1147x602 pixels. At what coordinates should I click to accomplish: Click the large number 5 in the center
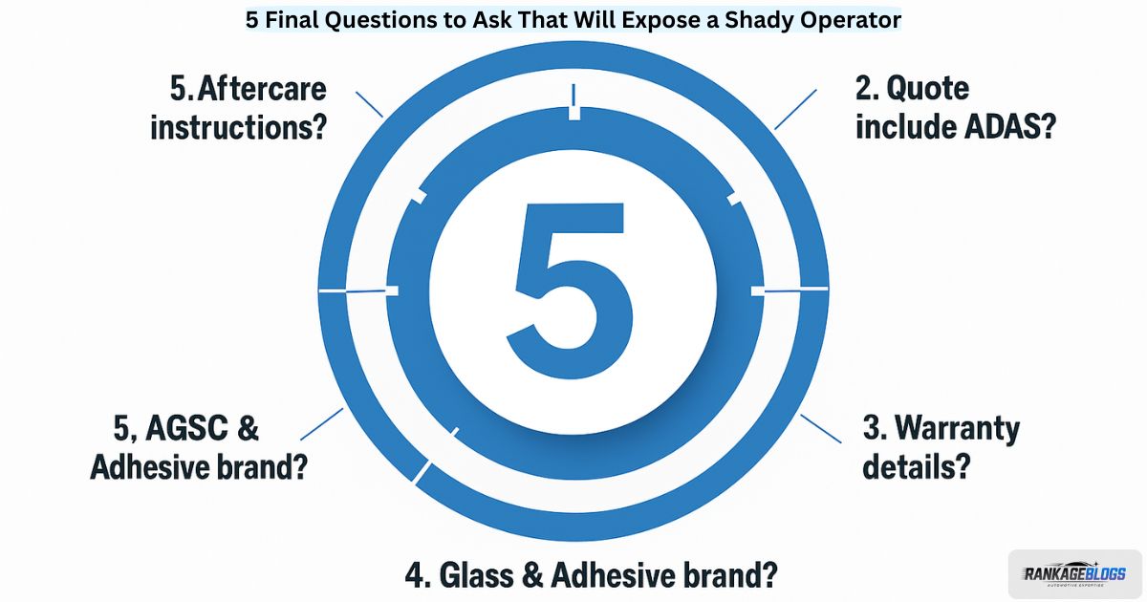click(570, 284)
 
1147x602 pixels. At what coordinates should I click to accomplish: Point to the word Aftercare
click(262, 89)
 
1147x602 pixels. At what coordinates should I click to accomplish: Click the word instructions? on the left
click(239, 127)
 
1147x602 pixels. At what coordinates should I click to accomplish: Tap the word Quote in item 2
click(927, 90)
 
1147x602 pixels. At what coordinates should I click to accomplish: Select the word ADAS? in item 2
click(1009, 126)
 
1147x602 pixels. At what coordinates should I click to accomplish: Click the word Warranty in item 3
click(957, 429)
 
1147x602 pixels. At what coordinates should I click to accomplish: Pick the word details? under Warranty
click(916, 466)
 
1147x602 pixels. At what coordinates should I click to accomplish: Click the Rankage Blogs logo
click(1074, 574)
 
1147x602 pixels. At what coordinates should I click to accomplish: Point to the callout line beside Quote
click(795, 110)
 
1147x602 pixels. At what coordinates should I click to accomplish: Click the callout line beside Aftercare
click(369, 105)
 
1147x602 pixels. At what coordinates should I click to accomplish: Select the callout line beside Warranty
click(820, 428)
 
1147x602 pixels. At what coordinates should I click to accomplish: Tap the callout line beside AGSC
click(321, 424)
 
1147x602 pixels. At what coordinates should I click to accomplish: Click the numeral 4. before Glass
click(415, 575)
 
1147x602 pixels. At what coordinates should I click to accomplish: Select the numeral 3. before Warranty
click(874, 428)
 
